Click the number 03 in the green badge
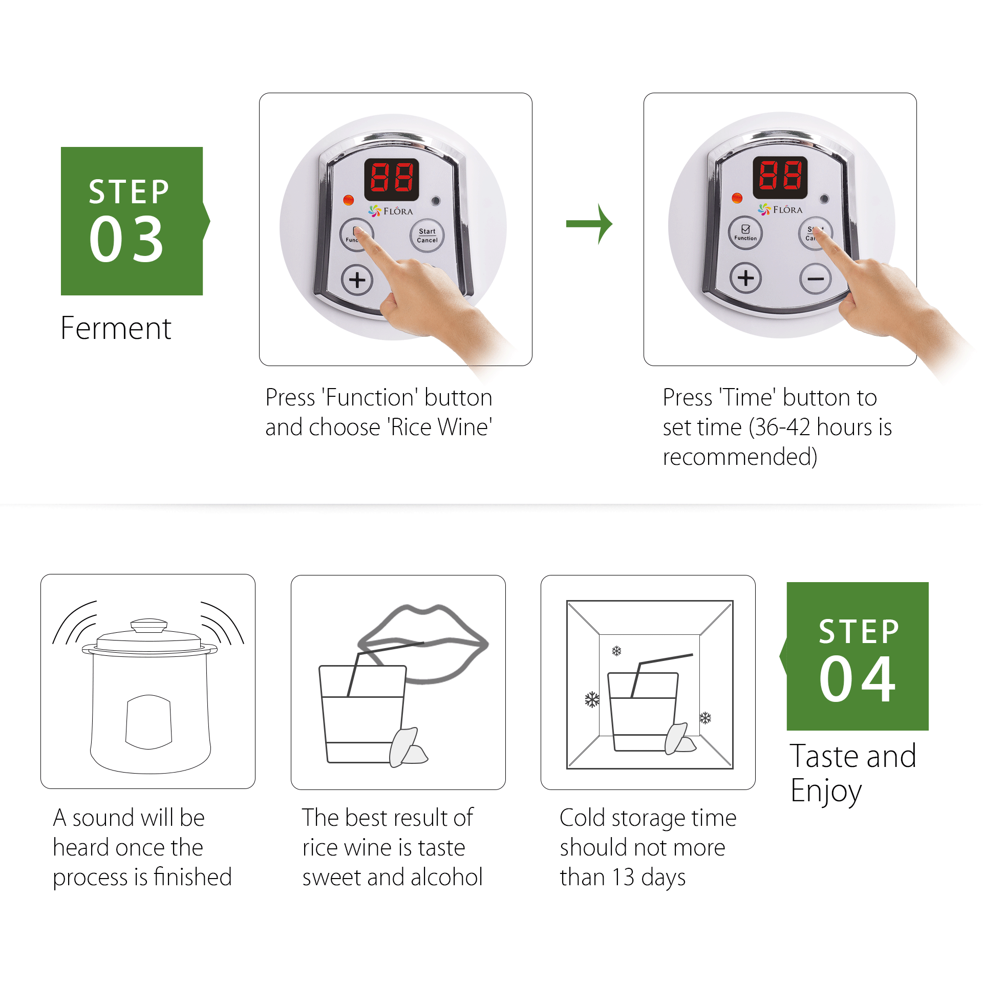[126, 239]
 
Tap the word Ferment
[116, 328]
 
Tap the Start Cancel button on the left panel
[427, 236]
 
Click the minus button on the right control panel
[816, 279]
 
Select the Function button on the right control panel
[745, 233]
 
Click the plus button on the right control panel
[745, 278]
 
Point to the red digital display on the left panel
[392, 179]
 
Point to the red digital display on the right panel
[780, 177]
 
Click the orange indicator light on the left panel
[348, 200]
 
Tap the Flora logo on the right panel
[780, 209]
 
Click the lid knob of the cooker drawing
[148, 625]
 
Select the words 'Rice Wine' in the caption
[439, 428]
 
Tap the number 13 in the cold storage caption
[623, 877]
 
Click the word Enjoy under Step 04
[826, 791]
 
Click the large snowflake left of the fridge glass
[592, 699]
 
